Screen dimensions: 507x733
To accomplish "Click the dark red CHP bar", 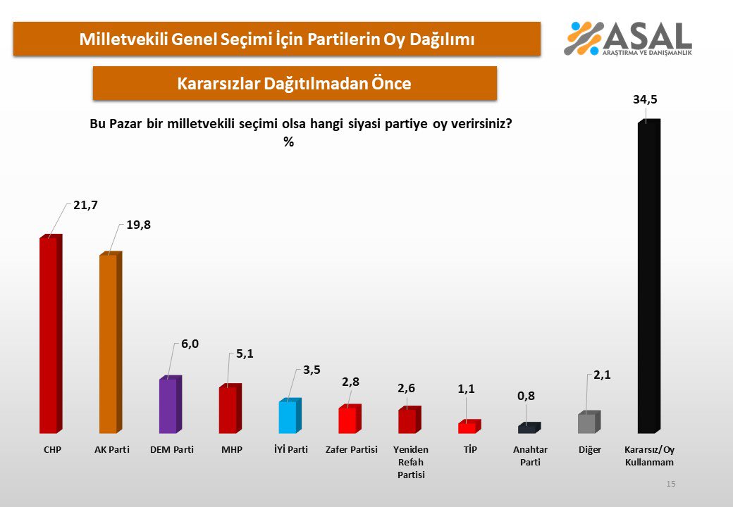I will [x=49, y=336].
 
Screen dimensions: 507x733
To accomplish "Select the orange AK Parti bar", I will [x=109, y=344].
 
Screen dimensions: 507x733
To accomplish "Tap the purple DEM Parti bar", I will [x=168, y=406].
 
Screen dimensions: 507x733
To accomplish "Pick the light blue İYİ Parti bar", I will [x=288, y=417].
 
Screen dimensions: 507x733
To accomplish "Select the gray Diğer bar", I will [x=587, y=423].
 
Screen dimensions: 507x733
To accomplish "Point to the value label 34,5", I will [x=645, y=100].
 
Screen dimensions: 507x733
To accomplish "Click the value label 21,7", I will [x=84, y=206].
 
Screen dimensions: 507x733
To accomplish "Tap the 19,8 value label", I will [x=138, y=225].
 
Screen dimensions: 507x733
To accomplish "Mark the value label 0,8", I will [x=527, y=396].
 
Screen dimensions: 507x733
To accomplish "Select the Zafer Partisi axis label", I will [x=351, y=449].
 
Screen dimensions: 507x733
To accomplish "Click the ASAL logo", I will [x=628, y=39].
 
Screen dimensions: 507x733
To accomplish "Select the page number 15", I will [x=670, y=484].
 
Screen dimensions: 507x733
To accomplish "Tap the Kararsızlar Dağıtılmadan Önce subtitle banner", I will [x=295, y=83].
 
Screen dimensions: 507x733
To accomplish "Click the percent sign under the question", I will [x=288, y=142].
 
